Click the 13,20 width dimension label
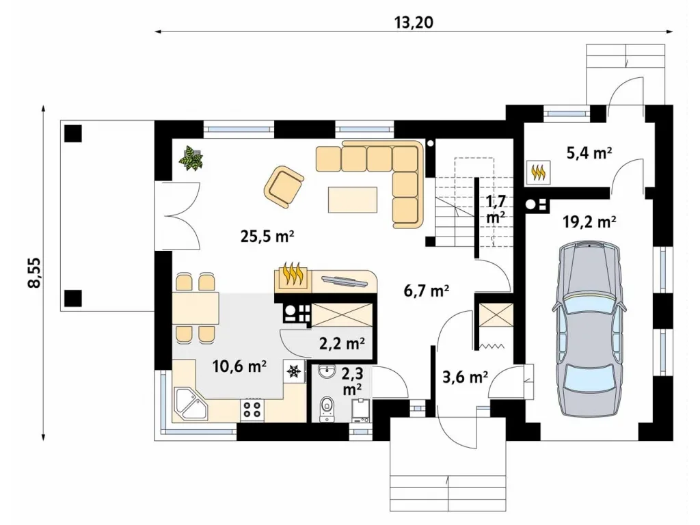click(414, 22)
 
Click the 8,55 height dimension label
click(34, 272)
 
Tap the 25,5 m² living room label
click(267, 236)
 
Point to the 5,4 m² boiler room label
click(589, 152)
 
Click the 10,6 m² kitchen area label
click(239, 366)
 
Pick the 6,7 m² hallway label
click(427, 291)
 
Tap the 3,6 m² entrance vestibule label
click(465, 377)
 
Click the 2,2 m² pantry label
click(342, 343)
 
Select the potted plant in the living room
click(191, 158)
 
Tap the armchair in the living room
click(284, 187)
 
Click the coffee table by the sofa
click(352, 200)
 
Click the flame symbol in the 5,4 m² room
click(539, 172)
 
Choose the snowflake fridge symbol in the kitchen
click(294, 371)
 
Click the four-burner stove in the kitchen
click(252, 409)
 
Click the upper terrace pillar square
click(72, 133)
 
